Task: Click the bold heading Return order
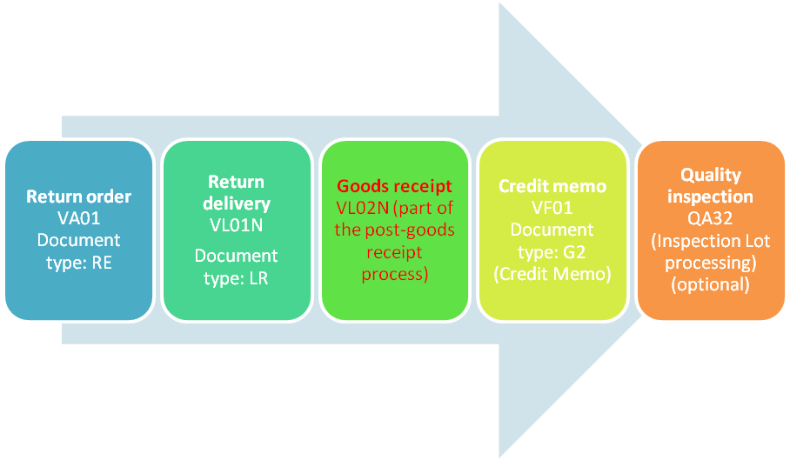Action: coord(79,197)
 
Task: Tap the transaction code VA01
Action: coord(79,218)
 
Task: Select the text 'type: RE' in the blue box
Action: coord(79,260)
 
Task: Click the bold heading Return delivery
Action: coord(237,193)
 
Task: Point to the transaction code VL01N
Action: coord(237,224)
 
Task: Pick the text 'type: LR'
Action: coord(237,277)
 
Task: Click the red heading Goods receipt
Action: coord(394,186)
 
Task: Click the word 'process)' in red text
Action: coord(394,274)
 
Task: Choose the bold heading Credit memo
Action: coord(552,186)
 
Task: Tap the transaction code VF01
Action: coord(552,208)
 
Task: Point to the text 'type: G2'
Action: coord(552,251)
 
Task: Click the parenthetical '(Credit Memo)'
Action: coord(552,274)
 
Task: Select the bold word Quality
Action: coord(710,176)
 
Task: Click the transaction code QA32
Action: coord(710,219)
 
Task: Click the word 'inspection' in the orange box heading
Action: coord(710,197)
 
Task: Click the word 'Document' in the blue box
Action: coord(79,239)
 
